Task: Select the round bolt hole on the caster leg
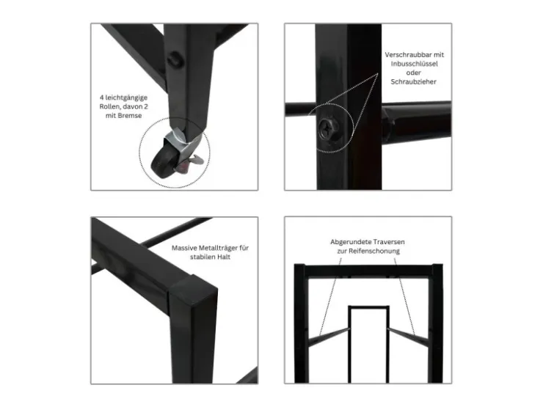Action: (x=175, y=59)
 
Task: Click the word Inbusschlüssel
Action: (x=414, y=64)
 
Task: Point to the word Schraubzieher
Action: (x=413, y=81)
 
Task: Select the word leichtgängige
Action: (x=126, y=98)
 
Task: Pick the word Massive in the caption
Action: (x=185, y=248)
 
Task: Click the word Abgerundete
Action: (x=350, y=242)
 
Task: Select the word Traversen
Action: (x=387, y=242)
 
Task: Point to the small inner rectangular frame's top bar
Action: (x=368, y=307)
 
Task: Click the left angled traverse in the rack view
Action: (x=328, y=337)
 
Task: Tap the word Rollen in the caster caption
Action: (x=110, y=106)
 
